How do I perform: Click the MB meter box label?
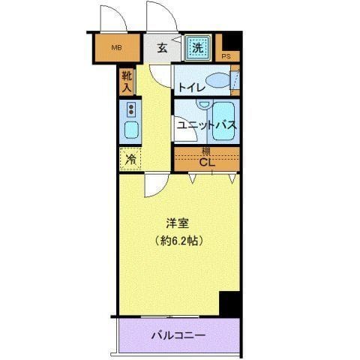coord(116,49)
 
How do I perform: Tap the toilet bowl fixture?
coord(218,80)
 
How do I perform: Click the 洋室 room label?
coord(178,223)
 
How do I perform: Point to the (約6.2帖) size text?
coord(179,241)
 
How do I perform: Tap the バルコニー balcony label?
coord(180,334)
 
